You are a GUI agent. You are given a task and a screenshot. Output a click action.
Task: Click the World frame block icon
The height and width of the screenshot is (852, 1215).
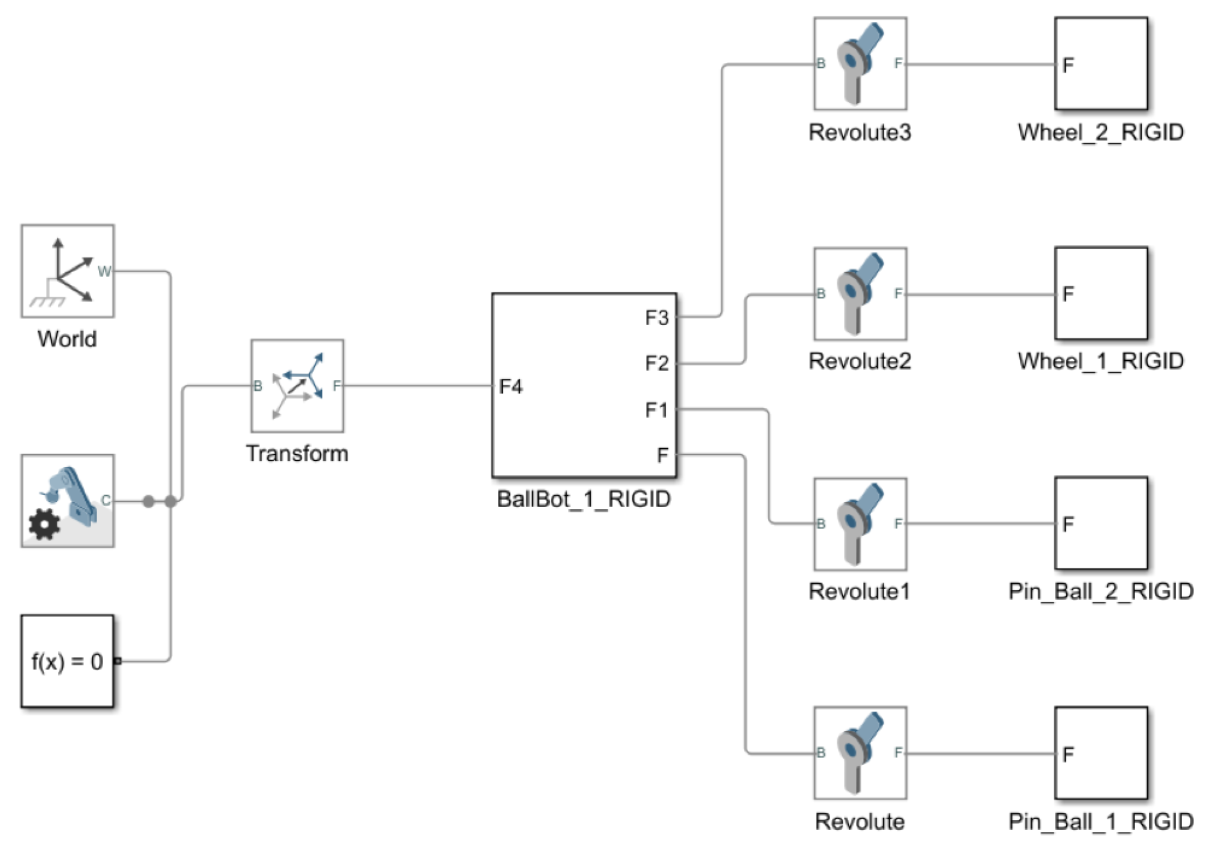67,271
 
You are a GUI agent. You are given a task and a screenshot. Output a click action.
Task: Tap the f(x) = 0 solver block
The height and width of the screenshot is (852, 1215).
67,661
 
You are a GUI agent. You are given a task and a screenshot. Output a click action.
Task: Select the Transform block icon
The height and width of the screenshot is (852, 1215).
297,385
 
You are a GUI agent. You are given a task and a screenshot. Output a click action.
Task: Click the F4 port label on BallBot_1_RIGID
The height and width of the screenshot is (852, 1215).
511,386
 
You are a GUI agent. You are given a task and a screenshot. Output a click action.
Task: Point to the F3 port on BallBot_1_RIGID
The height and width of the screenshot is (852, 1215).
657,318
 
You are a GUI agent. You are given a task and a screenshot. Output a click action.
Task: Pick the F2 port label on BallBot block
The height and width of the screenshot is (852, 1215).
657,363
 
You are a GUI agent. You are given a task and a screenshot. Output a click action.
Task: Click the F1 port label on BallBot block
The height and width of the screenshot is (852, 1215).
657,409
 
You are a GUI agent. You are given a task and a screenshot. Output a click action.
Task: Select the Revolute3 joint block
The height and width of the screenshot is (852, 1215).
860,63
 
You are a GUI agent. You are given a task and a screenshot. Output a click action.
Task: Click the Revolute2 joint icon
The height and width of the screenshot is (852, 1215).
860,294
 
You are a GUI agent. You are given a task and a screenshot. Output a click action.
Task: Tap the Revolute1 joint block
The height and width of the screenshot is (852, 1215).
860,524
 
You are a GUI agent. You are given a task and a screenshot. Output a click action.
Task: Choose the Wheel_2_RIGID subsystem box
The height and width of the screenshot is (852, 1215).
1101,63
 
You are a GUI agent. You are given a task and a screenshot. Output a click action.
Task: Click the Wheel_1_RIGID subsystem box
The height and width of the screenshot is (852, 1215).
1101,293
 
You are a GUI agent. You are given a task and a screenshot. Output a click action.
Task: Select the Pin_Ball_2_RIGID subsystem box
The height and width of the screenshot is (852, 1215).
1101,523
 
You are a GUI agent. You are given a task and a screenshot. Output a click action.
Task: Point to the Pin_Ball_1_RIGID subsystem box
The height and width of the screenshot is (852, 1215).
1101,753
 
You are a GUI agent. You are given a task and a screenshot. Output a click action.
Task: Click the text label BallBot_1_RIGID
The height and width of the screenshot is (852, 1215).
584,499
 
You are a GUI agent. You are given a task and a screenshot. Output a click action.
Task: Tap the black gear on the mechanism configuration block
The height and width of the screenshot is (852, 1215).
44,524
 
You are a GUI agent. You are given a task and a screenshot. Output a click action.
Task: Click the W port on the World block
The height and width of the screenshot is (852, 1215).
104,271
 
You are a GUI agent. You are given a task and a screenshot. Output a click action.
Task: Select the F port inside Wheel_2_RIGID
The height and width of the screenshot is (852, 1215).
1068,65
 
